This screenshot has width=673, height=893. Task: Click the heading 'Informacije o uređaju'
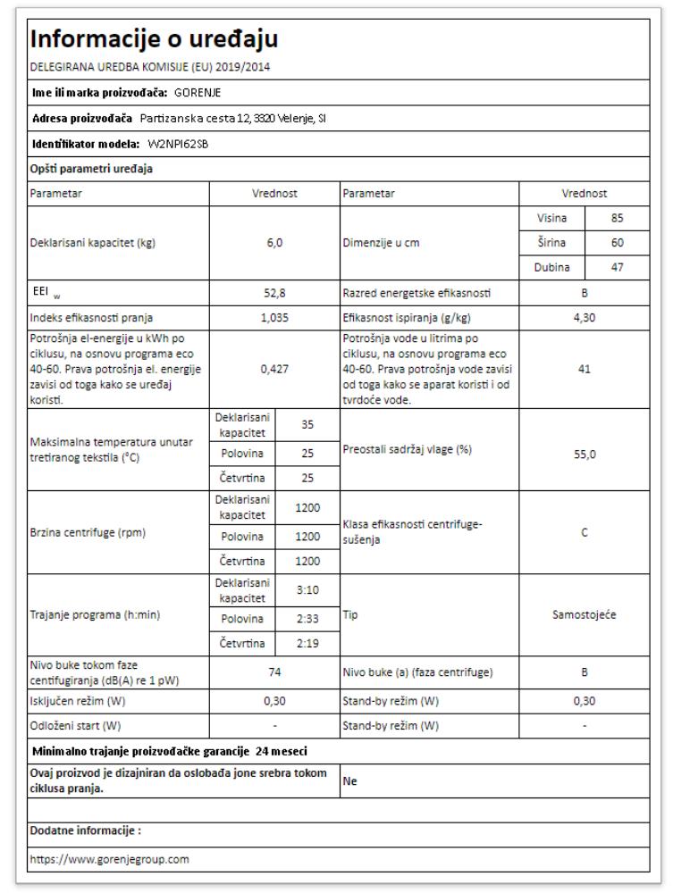point(154,39)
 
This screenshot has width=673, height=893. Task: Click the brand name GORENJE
point(198,92)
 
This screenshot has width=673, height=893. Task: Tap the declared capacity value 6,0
point(274,243)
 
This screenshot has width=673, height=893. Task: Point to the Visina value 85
point(616,218)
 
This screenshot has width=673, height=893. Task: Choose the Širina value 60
point(616,242)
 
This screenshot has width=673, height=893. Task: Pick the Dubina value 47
point(616,266)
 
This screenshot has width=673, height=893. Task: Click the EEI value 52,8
point(274,292)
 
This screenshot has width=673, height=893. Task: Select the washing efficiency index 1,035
point(274,316)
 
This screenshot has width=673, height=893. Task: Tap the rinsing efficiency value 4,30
point(584,316)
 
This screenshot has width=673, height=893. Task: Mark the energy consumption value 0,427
point(274,369)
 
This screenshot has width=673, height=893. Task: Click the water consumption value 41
point(584,369)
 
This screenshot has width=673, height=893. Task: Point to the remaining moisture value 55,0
point(584,454)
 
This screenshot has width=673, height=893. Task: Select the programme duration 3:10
point(307,590)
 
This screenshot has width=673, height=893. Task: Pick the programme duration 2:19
point(307,643)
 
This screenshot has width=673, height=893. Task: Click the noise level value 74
point(274,672)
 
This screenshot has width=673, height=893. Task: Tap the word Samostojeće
point(584,615)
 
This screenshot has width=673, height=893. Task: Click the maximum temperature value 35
point(307,426)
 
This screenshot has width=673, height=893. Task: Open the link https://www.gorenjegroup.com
point(110,860)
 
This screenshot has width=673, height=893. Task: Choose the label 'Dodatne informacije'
point(86,830)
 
